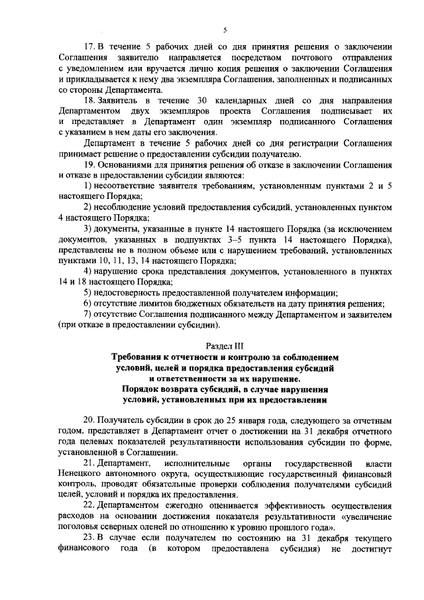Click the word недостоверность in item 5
134,292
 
